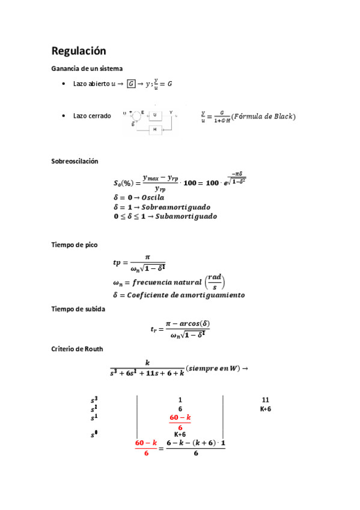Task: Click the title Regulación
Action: coord(79,51)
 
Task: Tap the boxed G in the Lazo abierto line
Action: coord(132,84)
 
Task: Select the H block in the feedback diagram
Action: coord(154,129)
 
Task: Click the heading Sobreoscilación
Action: coord(75,162)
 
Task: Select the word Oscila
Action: coord(147,197)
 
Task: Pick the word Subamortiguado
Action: coord(186,217)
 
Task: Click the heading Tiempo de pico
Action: coord(75,245)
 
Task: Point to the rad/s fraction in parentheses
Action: coord(216,280)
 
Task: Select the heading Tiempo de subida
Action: coord(79,309)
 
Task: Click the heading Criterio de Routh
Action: coord(77,349)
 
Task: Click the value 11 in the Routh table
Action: coord(266,400)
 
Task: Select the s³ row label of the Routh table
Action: coord(94,400)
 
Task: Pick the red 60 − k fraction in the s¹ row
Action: coord(180,422)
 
